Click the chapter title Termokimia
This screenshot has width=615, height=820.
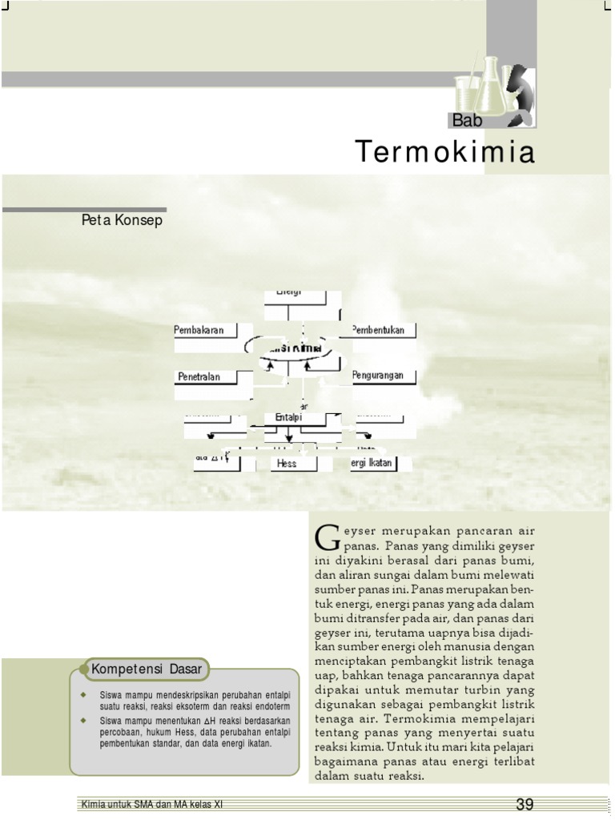click(444, 151)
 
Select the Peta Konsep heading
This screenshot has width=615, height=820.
click(122, 220)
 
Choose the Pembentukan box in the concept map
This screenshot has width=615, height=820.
click(383, 330)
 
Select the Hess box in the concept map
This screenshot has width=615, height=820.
click(287, 464)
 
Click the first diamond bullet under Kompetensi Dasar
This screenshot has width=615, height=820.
click(82, 693)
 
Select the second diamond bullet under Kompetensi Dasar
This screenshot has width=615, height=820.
click(82, 722)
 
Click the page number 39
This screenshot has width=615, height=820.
click(525, 804)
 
